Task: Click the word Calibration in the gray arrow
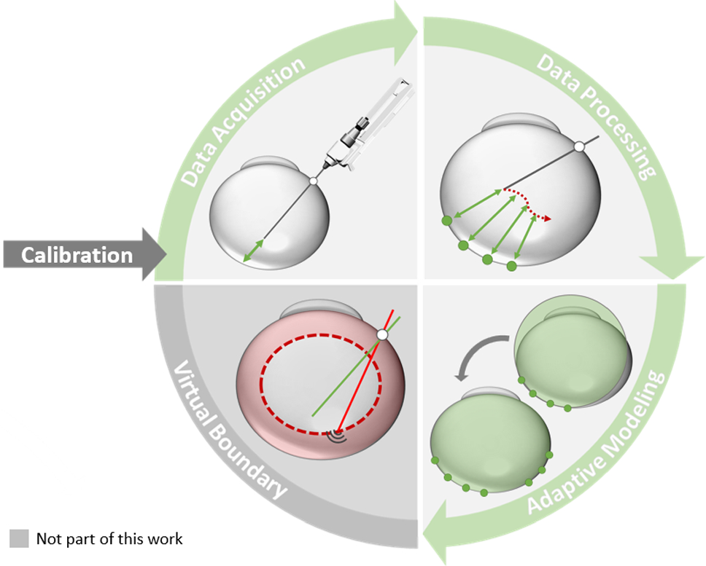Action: (77, 255)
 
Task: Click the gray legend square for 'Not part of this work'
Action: (19, 539)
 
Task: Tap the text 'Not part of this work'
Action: (109, 539)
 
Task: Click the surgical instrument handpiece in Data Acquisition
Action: (357, 131)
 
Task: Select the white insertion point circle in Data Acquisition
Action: (313, 180)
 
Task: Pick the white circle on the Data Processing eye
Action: (578, 147)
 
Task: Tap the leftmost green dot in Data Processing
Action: (446, 221)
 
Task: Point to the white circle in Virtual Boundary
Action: (381, 334)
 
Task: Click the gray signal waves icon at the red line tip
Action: (336, 436)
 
